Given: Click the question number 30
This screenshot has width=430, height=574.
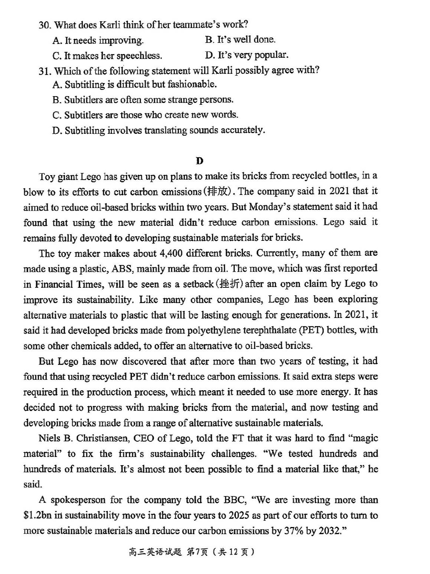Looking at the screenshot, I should coord(45,25).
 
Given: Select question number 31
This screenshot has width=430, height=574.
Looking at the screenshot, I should coord(45,71).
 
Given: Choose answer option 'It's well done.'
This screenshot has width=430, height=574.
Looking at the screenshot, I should coord(240,40).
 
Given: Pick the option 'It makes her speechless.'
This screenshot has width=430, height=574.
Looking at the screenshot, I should coord(108,56).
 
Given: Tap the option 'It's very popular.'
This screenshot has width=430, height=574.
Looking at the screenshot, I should coord(246,55).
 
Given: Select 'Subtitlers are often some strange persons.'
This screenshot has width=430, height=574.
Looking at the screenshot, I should coord(143,100).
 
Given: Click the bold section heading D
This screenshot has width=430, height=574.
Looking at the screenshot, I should coord(200,161).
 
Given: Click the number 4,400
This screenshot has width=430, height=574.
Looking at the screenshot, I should coord(171,253).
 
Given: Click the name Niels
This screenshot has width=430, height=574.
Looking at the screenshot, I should coord(49,438).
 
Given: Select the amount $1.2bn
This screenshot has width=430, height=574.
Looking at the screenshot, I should coord(37,516).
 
